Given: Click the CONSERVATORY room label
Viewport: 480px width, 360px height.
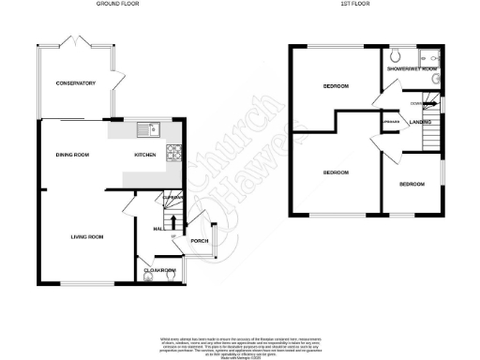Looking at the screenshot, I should [x=75, y=83].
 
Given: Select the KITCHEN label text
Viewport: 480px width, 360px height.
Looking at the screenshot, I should [x=145, y=154].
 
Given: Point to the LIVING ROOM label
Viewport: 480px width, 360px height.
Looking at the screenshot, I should [x=86, y=236].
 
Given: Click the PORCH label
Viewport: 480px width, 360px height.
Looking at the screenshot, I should [x=199, y=241].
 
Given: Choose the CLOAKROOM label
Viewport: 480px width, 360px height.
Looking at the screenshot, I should [x=160, y=271].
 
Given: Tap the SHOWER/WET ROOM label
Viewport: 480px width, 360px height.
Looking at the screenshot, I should [x=413, y=68].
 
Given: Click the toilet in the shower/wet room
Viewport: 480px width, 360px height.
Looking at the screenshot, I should [x=397, y=53].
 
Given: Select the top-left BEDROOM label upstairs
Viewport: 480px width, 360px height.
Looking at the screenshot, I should [x=336, y=86].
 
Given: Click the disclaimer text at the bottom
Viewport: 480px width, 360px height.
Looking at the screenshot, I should [x=240, y=343].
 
